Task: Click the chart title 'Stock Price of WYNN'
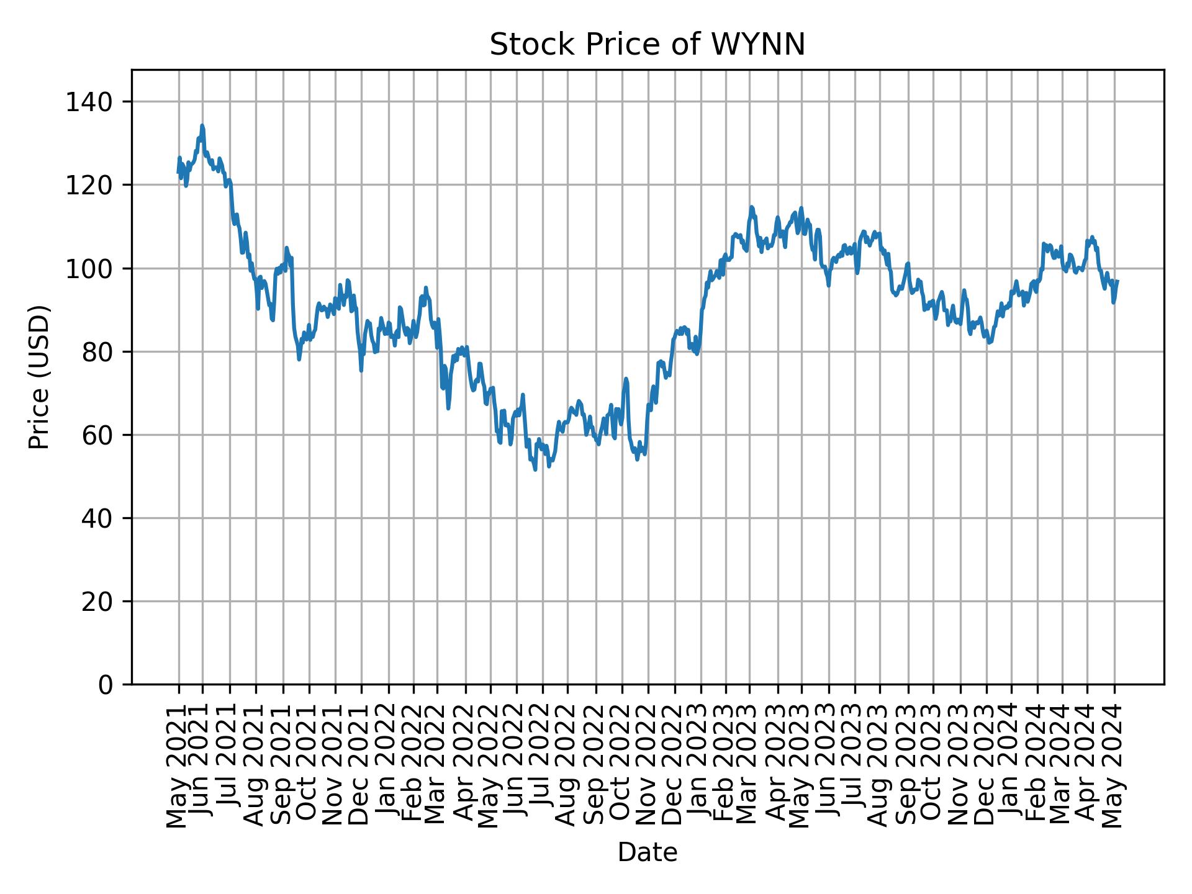(647, 45)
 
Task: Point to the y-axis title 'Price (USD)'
(39, 377)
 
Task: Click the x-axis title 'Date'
(647, 852)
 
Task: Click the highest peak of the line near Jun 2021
(202, 125)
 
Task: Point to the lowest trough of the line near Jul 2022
(535, 469)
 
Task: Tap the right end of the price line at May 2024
(1117, 281)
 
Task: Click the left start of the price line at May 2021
(178, 173)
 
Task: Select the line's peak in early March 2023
(751, 207)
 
